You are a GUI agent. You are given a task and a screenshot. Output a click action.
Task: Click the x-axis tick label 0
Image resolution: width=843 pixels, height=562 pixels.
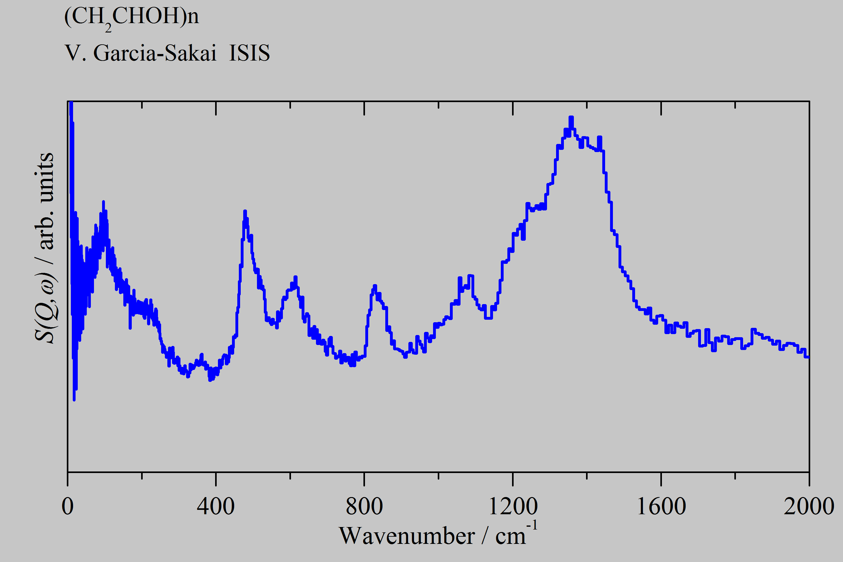(x=67, y=506)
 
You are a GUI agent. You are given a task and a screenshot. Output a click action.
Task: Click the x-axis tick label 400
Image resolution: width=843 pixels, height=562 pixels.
(x=216, y=506)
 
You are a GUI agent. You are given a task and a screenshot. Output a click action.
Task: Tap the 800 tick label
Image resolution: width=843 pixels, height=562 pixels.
(x=364, y=506)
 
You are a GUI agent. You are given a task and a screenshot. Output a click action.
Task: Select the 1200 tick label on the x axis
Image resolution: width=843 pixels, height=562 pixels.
(x=513, y=506)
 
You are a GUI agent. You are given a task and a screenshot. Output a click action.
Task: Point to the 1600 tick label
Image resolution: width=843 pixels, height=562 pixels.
(x=661, y=506)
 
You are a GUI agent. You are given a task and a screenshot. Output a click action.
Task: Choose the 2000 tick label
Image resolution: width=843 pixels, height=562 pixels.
(x=809, y=506)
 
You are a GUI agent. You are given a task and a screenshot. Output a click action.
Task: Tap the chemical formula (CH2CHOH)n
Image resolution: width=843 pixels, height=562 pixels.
(x=131, y=17)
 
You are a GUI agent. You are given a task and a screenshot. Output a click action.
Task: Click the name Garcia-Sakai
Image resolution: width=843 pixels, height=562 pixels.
(x=155, y=53)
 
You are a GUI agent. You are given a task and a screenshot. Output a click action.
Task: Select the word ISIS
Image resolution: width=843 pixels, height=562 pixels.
(x=249, y=53)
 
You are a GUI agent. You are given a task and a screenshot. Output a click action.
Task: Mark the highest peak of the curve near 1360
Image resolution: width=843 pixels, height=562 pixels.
(x=571, y=117)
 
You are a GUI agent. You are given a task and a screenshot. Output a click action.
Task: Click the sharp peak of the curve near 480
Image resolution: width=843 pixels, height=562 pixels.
(x=245, y=211)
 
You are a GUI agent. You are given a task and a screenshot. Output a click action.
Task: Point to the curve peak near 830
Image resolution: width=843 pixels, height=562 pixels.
(x=375, y=286)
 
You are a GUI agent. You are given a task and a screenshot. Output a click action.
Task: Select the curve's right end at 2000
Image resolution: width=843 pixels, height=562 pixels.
(x=808, y=357)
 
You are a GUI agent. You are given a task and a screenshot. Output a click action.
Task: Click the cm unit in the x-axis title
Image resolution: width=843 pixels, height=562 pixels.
(x=510, y=536)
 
